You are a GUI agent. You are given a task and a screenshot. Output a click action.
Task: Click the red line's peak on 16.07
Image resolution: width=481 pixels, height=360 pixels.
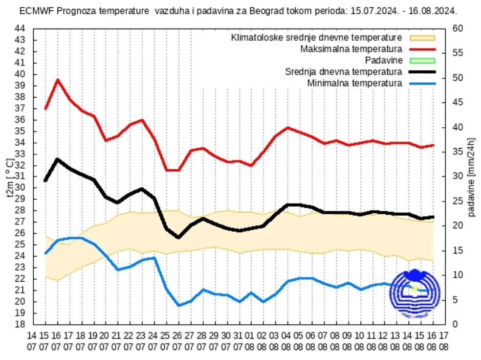pyautogui.click(x=57, y=80)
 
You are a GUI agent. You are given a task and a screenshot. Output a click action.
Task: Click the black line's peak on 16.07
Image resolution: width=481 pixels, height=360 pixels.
pyautogui.click(x=57, y=159)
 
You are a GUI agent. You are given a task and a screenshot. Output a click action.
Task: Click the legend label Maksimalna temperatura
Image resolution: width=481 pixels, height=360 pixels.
pyautogui.click(x=351, y=49)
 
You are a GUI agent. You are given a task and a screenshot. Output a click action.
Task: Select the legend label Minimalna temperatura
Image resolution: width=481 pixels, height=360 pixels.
pyautogui.click(x=355, y=83)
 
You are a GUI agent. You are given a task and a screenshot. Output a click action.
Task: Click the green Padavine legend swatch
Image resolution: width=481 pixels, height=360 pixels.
pyautogui.click(x=422, y=60)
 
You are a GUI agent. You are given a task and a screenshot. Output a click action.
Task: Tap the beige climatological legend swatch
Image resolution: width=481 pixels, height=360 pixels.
pyautogui.click(x=422, y=38)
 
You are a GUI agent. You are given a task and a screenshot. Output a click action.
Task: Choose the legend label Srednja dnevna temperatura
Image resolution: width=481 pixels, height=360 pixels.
pyautogui.click(x=343, y=72)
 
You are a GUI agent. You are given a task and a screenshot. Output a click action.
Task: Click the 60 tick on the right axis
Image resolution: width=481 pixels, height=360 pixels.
pyautogui.click(x=457, y=28)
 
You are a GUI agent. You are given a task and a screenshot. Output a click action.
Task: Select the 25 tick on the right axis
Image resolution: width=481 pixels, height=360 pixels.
pyautogui.click(x=457, y=201)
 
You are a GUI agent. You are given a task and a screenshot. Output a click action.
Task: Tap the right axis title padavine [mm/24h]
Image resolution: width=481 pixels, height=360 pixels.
pyautogui.click(x=471, y=177)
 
